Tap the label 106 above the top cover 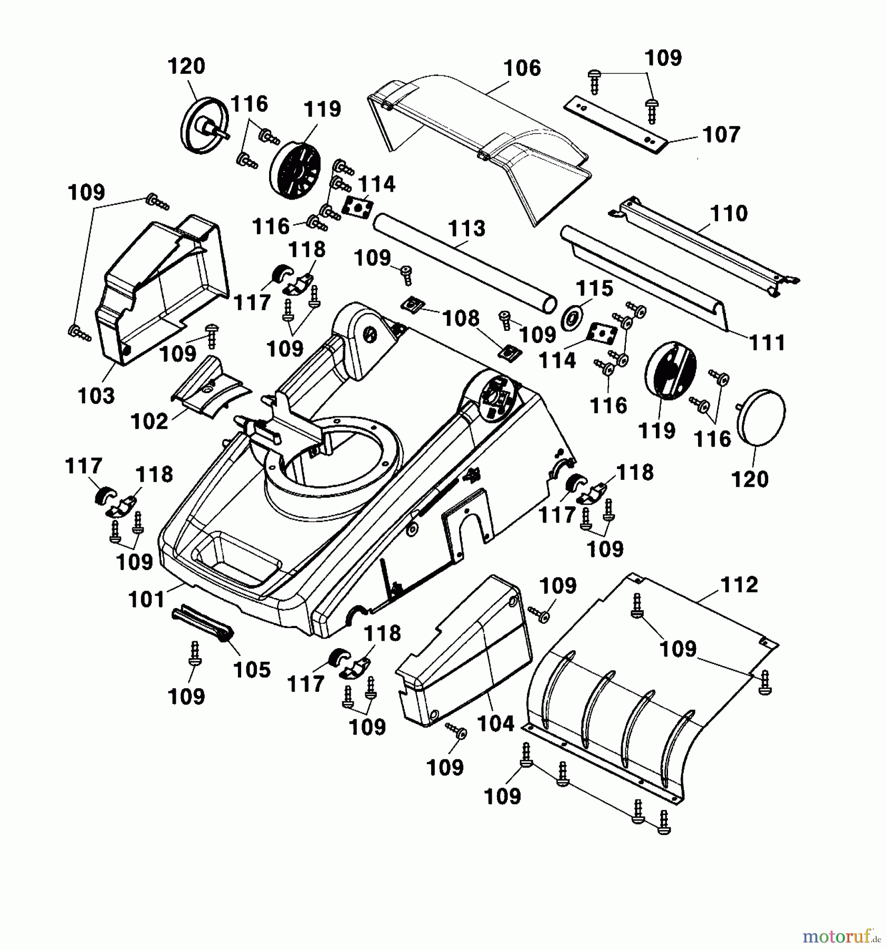point(522,68)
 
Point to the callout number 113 point(467,229)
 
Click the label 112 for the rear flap point(738,585)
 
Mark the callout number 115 point(594,289)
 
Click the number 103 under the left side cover point(96,395)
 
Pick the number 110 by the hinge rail point(729,214)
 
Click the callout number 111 point(767,343)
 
